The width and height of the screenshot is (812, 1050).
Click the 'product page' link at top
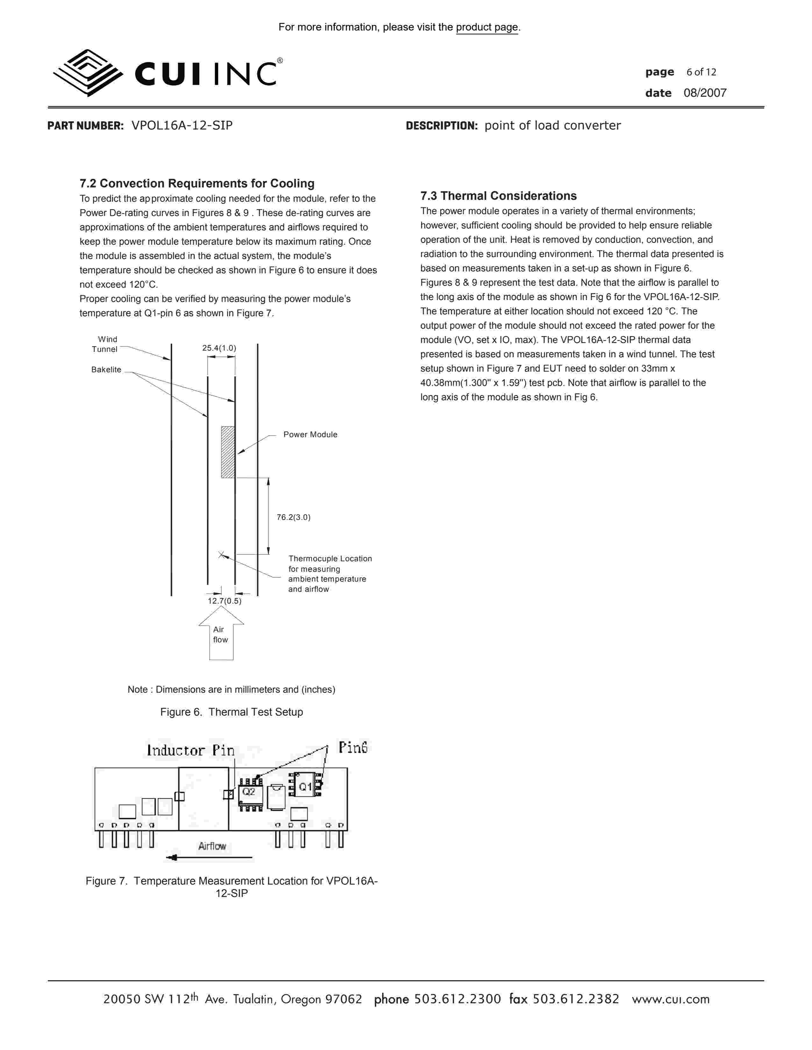(487, 27)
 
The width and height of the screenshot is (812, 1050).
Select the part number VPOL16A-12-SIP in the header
(182, 125)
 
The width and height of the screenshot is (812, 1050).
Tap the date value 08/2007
(705, 93)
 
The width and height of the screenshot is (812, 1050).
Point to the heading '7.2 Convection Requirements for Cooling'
(197, 183)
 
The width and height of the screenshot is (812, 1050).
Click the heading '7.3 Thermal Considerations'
(498, 196)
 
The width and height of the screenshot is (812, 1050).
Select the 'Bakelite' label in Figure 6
(106, 370)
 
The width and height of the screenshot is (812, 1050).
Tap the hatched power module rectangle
(228, 452)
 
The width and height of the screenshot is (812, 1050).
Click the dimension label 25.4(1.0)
(219, 348)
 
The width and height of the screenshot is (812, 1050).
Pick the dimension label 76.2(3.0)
(294, 517)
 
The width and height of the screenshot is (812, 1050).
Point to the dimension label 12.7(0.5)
(224, 601)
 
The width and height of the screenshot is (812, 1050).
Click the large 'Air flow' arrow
(221, 633)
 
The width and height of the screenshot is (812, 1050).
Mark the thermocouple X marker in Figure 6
(221, 555)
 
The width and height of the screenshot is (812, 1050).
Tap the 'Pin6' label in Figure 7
(353, 748)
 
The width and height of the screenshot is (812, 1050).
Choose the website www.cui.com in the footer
(671, 999)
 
